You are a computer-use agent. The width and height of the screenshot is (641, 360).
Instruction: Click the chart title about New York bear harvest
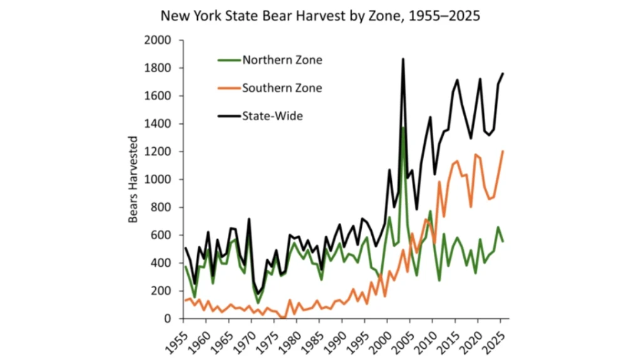pyautogui.click(x=320, y=16)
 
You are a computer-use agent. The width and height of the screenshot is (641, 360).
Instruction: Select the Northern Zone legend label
pyautogui.click(x=282, y=60)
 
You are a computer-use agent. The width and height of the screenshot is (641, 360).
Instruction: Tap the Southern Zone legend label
pyautogui.click(x=282, y=88)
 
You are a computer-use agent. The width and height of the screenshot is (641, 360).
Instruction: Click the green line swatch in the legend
pyautogui.click(x=228, y=60)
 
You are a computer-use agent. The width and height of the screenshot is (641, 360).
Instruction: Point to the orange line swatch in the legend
pyautogui.click(x=228, y=88)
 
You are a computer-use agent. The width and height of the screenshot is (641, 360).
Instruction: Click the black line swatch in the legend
pyautogui.click(x=228, y=115)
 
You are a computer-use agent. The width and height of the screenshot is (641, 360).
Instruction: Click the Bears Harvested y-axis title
pyautogui.click(x=133, y=180)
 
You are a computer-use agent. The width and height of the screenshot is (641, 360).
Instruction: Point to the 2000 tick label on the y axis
pyautogui.click(x=159, y=41)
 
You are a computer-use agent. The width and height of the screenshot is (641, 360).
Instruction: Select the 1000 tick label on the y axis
pyautogui.click(x=159, y=180)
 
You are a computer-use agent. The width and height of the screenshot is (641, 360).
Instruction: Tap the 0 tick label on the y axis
pyautogui.click(x=168, y=319)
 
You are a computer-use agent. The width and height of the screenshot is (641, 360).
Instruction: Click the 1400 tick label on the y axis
pyautogui.click(x=159, y=124)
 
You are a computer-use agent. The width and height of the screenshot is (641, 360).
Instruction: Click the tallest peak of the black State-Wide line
pyautogui.click(x=403, y=59)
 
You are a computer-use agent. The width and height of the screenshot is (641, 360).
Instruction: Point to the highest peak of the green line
pyautogui.click(x=403, y=127)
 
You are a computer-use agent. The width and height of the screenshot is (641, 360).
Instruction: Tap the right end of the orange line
pyautogui.click(x=502, y=151)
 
